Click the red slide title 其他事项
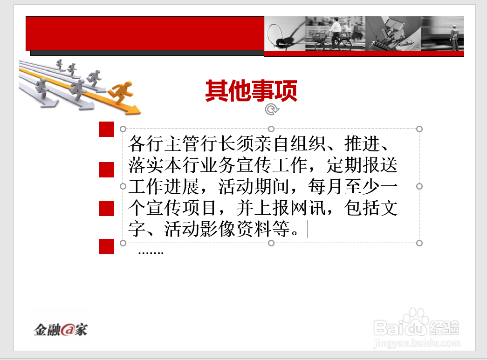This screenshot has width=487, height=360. tap(251, 91)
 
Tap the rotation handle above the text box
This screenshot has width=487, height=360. tap(271, 109)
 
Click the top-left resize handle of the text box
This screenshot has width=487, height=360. tap(123, 129)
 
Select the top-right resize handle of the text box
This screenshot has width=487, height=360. tap(419, 129)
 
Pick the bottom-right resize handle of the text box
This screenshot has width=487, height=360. tap(419, 243)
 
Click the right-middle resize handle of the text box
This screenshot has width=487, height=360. tap(419, 186)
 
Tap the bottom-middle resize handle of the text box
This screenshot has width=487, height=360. tap(271, 243)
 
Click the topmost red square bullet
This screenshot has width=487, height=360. tap(107, 129)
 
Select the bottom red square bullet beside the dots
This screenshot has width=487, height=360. tap(107, 247)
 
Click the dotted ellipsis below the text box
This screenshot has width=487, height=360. tap(151, 253)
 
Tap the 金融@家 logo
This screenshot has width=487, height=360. tap(61, 330)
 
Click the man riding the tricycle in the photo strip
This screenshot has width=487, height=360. tap(334, 34)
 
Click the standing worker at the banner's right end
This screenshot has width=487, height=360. tap(454, 38)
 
